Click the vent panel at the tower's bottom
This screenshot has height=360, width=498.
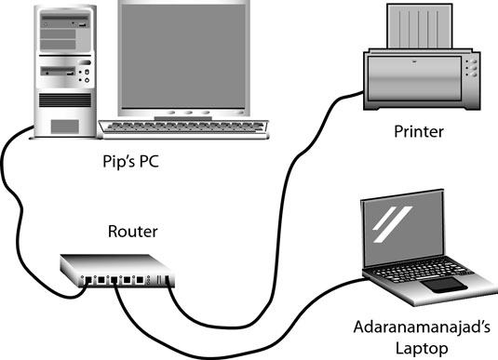click(x=64, y=126)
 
